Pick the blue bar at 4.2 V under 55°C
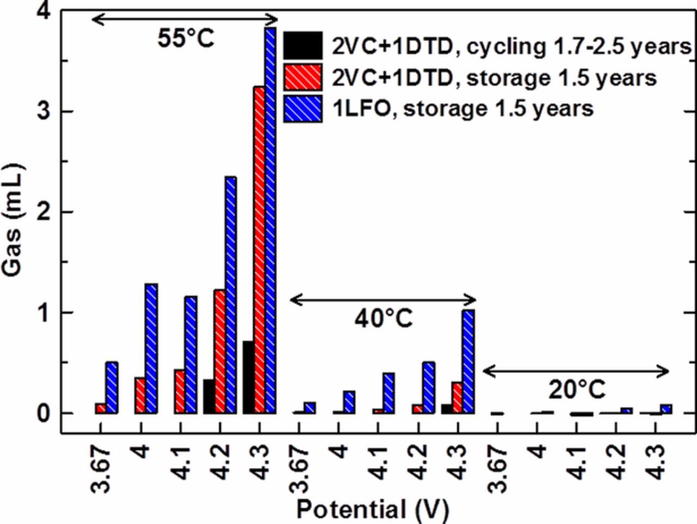click(230, 295)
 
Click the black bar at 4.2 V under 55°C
click(209, 396)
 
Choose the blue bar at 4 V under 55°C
click(151, 348)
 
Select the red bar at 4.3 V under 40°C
click(457, 398)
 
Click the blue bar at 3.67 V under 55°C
click(112, 387)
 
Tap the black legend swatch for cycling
click(303, 46)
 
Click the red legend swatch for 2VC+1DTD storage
click(303, 77)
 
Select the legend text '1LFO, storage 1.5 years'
click(463, 108)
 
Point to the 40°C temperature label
click(384, 319)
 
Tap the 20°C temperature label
click(577, 390)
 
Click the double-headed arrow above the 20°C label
click(576, 371)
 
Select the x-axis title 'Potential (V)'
click(372, 510)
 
